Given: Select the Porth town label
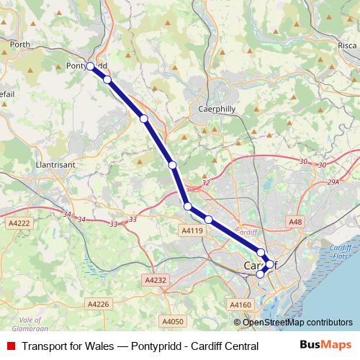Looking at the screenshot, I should point(20,44).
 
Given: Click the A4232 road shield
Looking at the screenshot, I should point(156,280).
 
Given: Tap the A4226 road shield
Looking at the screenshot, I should point(99,305).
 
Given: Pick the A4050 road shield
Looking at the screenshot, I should point(174,321).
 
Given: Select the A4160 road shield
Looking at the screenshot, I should point(242,305).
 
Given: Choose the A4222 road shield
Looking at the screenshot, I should point(20,224).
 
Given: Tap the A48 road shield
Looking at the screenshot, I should point(295,222).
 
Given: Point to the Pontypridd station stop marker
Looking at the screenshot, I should point(90,66).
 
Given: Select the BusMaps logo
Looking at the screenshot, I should point(325,346).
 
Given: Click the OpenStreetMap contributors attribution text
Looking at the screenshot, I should point(297,322).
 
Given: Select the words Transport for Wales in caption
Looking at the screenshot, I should point(67,346).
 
